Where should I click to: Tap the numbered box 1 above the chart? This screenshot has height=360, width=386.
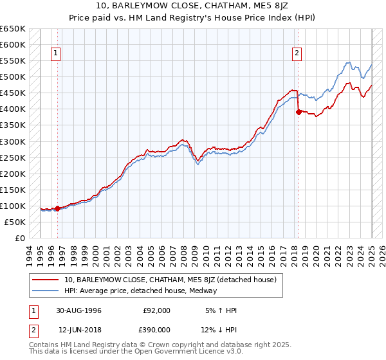(57, 54)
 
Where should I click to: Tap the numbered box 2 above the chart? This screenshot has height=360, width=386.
(297, 54)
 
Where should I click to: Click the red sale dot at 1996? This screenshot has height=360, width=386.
(57, 208)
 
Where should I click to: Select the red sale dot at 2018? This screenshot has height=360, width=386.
(299, 112)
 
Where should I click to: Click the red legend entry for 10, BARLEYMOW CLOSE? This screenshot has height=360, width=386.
(170, 280)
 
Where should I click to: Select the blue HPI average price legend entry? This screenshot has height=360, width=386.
(140, 291)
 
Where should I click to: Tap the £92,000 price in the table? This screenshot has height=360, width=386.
(156, 310)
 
